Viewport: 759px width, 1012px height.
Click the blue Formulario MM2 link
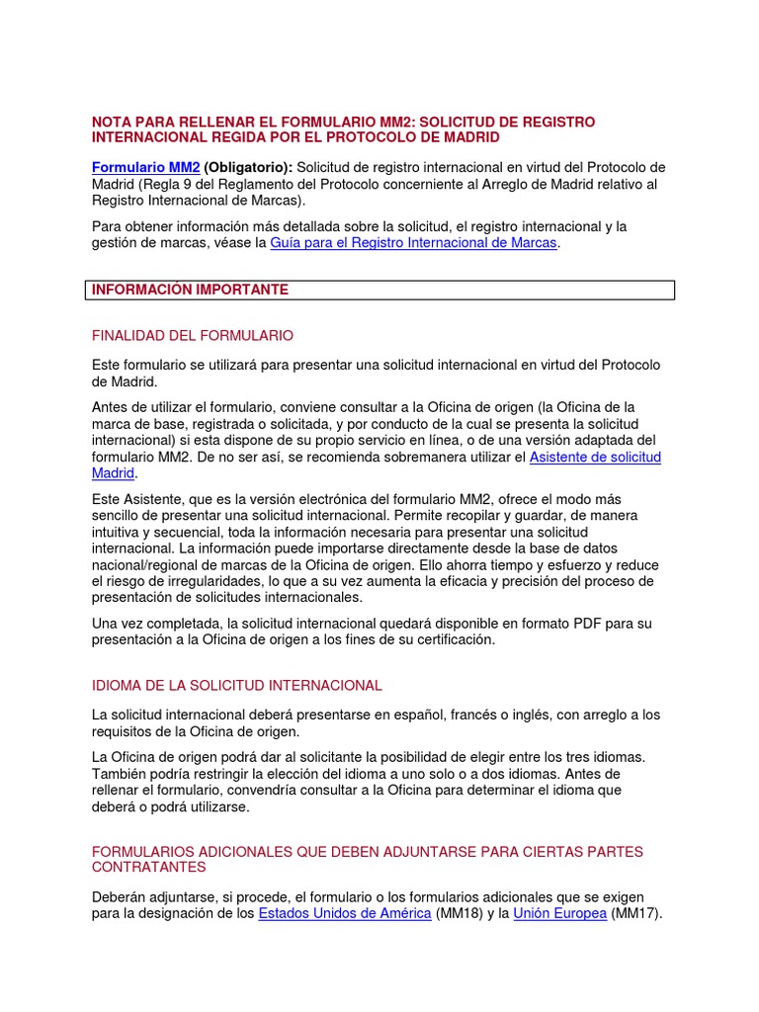click(146, 167)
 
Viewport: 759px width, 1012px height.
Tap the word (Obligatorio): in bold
click(248, 167)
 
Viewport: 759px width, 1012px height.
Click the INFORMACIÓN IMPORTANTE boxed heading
click(191, 290)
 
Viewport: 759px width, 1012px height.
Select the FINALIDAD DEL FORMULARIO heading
click(193, 335)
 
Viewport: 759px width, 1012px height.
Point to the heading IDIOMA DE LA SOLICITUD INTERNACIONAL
click(236, 685)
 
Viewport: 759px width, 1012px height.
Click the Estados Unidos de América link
click(345, 913)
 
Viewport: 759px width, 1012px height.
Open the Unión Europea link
click(560, 913)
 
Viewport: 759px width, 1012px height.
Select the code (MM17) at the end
click(635, 913)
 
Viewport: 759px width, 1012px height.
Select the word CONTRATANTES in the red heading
click(149, 867)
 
